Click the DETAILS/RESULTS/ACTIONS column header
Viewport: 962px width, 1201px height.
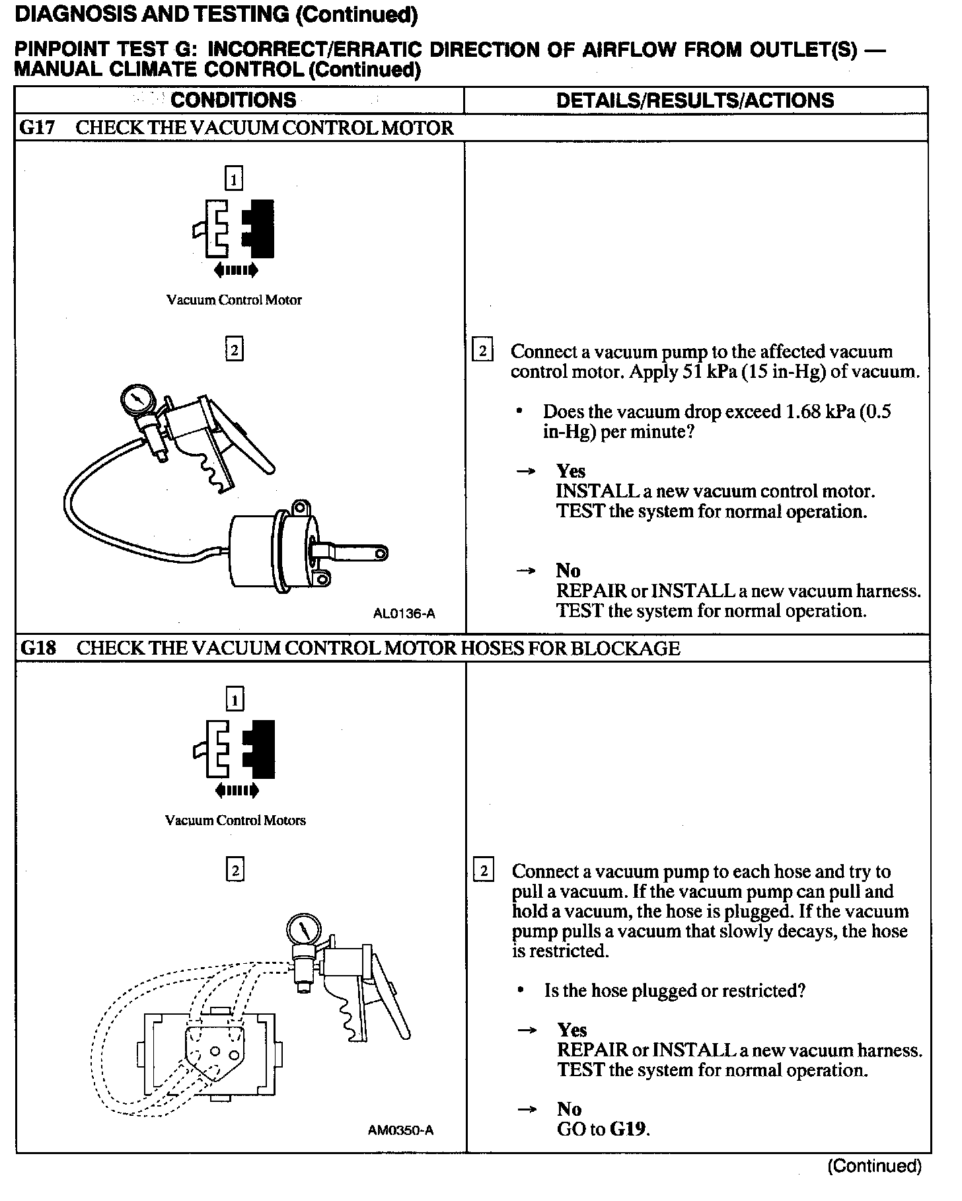pos(695,100)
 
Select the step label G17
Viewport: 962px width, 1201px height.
pos(38,127)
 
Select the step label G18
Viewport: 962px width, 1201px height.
pos(38,648)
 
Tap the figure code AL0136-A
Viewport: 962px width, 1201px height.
pos(404,614)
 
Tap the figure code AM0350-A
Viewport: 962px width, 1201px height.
pos(400,1130)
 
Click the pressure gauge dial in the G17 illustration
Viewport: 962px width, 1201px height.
pos(137,400)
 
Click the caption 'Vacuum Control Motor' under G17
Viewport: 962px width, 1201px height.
pos(234,300)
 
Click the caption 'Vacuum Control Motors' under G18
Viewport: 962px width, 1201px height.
pos(235,820)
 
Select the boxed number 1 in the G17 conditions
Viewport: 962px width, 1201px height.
pos(234,179)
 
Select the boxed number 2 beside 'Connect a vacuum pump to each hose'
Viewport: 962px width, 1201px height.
pos(483,871)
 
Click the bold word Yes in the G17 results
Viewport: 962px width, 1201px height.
pos(571,471)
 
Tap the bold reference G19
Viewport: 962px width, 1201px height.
pos(628,1129)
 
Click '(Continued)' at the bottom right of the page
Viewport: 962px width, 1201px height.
pos(874,1166)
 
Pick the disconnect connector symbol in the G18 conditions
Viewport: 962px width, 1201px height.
pos(235,750)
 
